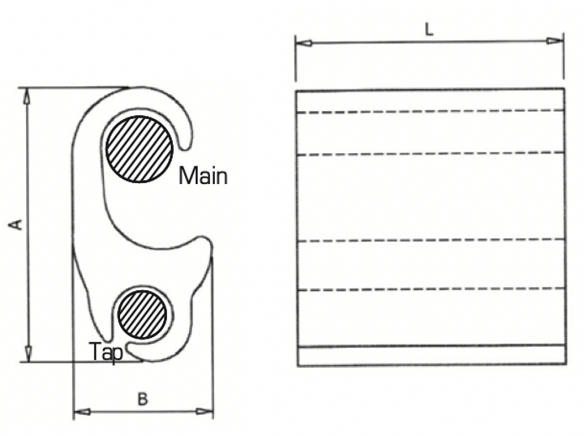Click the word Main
coord(203,175)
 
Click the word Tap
coord(106,353)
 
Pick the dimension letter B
coord(142,399)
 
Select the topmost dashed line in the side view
coord(430,110)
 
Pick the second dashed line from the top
coord(430,152)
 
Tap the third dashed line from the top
coord(430,240)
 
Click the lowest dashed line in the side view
coord(430,289)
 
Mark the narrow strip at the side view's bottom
coord(430,357)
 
